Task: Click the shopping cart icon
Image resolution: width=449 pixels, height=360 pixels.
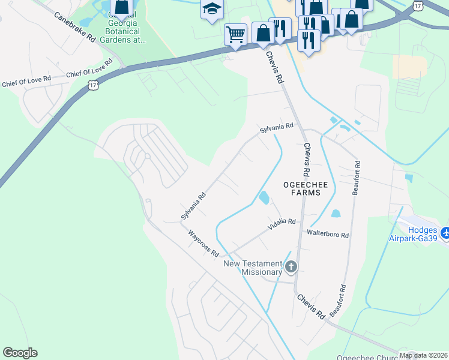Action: pyautogui.click(x=235, y=34)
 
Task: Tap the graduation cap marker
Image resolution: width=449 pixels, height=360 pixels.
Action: pyautogui.click(x=212, y=9)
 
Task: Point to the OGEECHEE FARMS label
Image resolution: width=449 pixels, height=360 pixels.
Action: pyautogui.click(x=306, y=190)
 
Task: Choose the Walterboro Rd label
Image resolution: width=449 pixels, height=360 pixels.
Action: pyautogui.click(x=328, y=233)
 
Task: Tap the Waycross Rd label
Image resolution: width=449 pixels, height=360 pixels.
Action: pyautogui.click(x=203, y=244)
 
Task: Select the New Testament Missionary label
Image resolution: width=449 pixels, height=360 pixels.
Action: pyautogui.click(x=253, y=268)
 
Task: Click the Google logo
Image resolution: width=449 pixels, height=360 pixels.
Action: pyautogui.click(x=20, y=353)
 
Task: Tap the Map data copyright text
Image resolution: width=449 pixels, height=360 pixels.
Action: pyautogui.click(x=423, y=355)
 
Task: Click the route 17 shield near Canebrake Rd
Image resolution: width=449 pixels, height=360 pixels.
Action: pyautogui.click(x=93, y=86)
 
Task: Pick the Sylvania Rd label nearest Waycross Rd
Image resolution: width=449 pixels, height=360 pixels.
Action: pyautogui.click(x=194, y=205)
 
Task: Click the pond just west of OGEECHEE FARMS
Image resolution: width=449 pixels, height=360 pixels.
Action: pyautogui.click(x=263, y=197)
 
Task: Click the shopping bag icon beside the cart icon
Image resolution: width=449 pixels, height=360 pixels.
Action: pyautogui.click(x=263, y=32)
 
